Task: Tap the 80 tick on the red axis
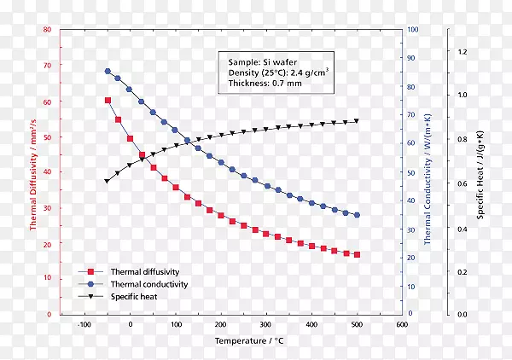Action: [47, 30]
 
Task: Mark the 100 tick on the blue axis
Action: [412, 30]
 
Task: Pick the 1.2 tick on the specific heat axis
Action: [463, 51]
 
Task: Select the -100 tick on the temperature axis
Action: [84, 325]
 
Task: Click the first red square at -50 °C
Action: [108, 101]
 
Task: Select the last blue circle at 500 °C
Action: [357, 215]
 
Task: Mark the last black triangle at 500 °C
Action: [357, 121]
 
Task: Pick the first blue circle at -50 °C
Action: [108, 72]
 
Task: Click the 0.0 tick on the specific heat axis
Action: [463, 315]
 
